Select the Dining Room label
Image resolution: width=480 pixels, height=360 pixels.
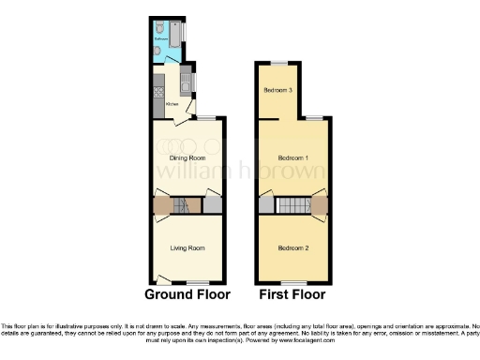coord(187,158)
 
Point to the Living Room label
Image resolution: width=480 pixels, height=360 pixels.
coord(187,247)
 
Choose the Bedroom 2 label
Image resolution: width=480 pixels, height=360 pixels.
coord(293,247)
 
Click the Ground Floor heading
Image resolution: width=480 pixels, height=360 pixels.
coord(187,293)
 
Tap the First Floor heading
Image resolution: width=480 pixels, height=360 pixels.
coord(292,293)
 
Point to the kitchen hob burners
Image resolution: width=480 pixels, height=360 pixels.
coord(160,93)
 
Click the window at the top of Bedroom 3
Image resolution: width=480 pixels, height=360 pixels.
coord(278,62)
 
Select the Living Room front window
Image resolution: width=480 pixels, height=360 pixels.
coord(197,281)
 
